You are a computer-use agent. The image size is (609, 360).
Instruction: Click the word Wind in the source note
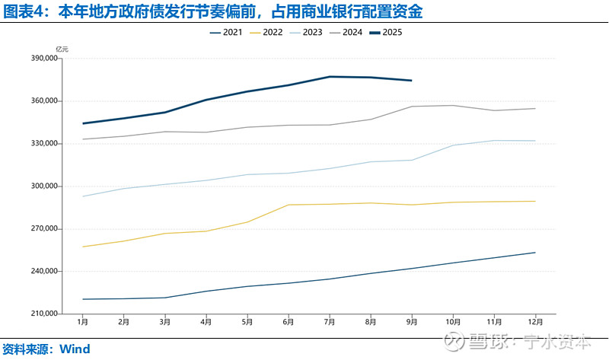[75, 349]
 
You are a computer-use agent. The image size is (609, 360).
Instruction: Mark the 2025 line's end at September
[411, 80]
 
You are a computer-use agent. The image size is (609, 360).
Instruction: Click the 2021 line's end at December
[535, 253]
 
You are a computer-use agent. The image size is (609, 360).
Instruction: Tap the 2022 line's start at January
[82, 247]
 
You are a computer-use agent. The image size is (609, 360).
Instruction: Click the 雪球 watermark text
[486, 342]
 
